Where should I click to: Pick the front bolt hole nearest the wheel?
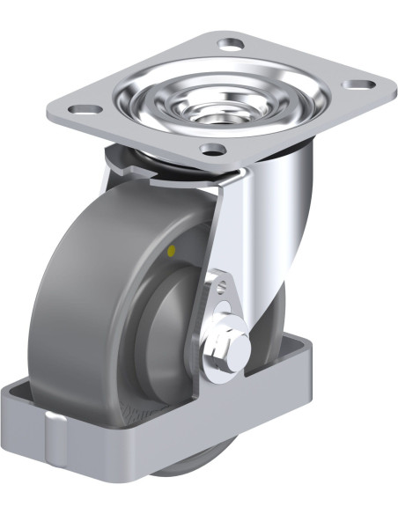click(211, 148)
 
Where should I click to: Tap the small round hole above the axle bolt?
click(220, 290)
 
